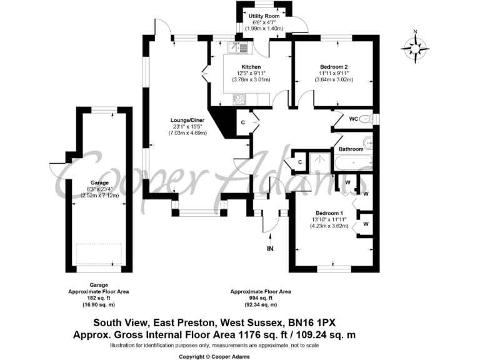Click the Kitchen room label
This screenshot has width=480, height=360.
[x=251, y=67]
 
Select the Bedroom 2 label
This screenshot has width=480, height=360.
[x=333, y=67]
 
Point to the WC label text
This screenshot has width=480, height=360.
[x=353, y=118]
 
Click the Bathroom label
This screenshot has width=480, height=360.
[x=351, y=149]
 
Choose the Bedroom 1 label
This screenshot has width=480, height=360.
[x=328, y=213]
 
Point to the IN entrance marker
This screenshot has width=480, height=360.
[x=270, y=248]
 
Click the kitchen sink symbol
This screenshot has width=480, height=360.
[x=240, y=47]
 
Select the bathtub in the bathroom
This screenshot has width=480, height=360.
[x=354, y=164]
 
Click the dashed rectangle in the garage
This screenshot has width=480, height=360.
[x=99, y=254]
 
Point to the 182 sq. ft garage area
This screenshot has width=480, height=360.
[x=103, y=298]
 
